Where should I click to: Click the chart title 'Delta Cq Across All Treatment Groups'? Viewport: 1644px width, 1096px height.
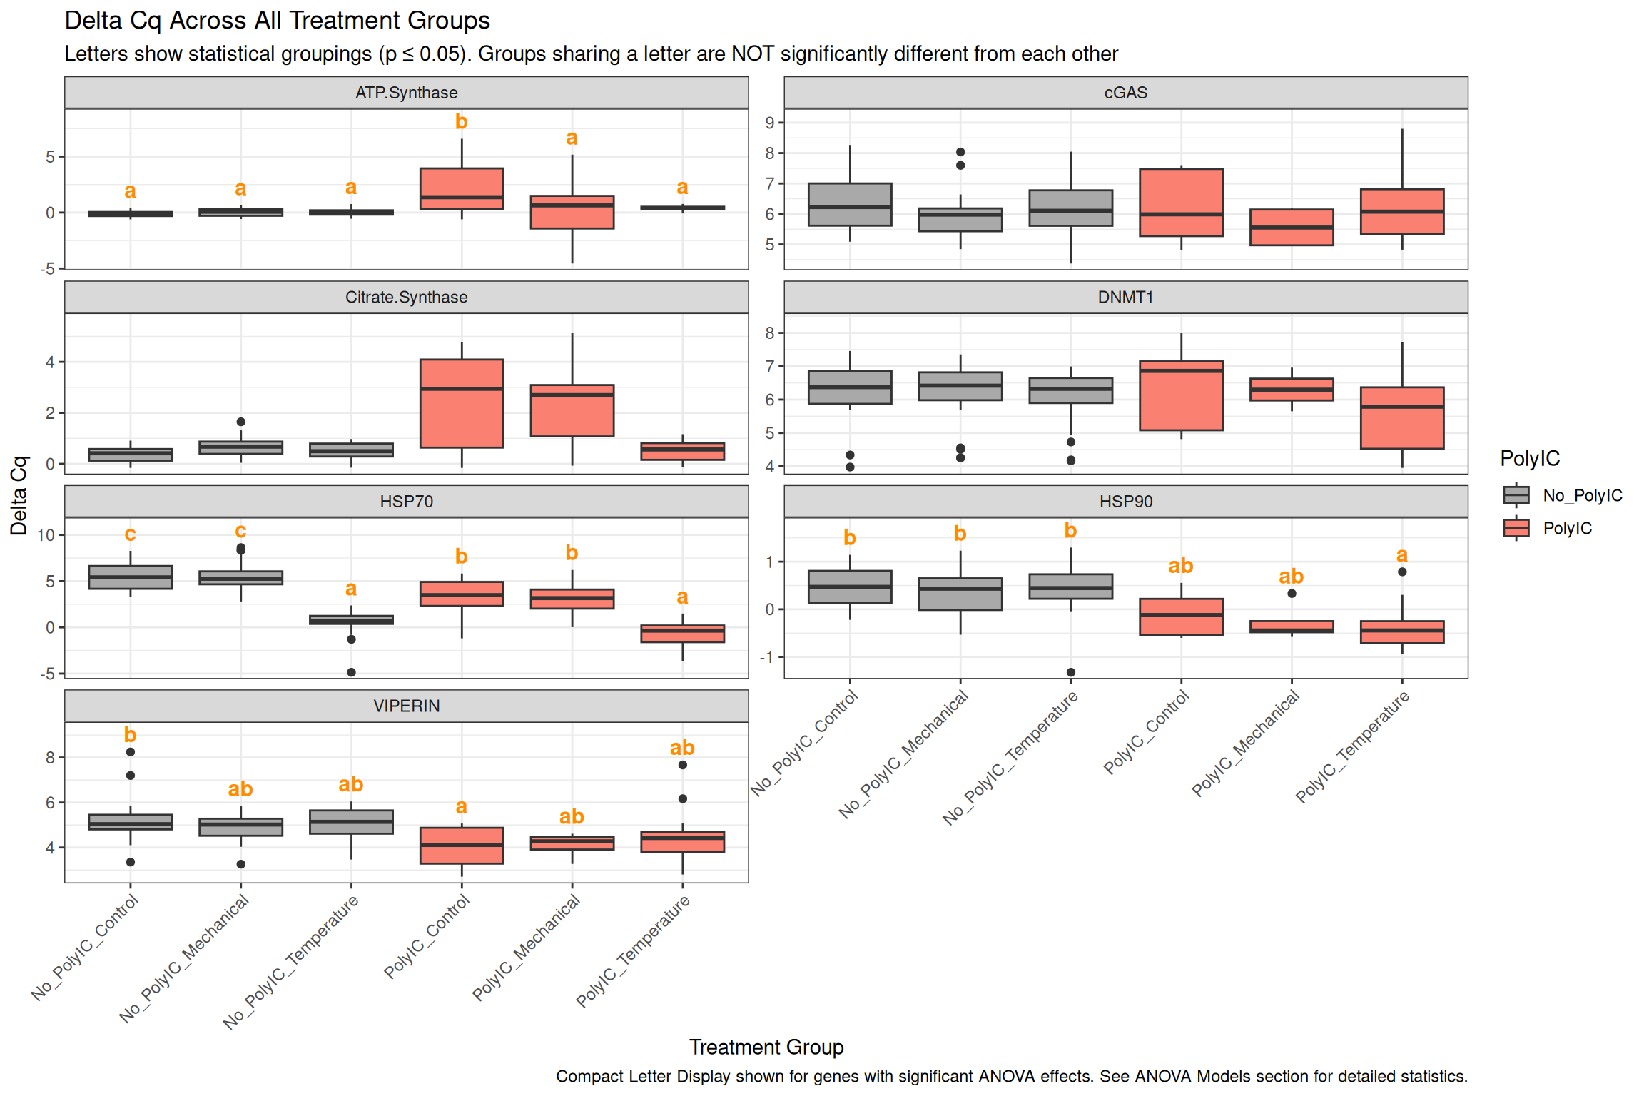click(277, 21)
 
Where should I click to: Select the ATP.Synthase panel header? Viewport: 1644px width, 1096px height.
click(406, 93)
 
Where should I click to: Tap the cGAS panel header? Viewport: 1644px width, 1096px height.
click(1125, 93)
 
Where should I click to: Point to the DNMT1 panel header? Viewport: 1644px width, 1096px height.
click(1125, 297)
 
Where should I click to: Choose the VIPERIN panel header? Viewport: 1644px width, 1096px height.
click(406, 706)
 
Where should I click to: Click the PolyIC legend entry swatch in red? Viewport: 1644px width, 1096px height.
click(1516, 528)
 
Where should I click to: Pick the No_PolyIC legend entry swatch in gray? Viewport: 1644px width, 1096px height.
click(1516, 495)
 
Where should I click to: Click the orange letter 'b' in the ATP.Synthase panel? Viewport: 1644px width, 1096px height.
click(462, 122)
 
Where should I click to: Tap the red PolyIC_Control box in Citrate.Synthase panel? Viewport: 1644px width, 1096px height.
click(462, 404)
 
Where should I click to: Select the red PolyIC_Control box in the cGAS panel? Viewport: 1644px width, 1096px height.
click(1181, 203)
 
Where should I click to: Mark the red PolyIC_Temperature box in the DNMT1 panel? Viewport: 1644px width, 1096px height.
click(1401, 418)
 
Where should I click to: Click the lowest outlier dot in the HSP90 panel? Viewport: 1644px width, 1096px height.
click(1070, 672)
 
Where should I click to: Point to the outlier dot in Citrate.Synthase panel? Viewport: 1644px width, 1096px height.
click(241, 422)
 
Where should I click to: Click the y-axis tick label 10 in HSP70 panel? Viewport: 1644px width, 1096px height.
click(46, 535)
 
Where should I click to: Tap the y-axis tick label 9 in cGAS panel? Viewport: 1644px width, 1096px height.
click(769, 123)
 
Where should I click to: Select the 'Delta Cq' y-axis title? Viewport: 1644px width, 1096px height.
click(19, 495)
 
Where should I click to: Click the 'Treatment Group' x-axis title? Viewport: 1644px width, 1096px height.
click(766, 1047)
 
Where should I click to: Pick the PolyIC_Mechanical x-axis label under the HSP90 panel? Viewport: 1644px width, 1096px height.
click(1246, 743)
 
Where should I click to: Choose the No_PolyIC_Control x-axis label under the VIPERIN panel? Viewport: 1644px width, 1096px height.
click(85, 947)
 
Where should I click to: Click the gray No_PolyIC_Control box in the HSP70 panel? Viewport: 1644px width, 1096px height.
click(131, 577)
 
